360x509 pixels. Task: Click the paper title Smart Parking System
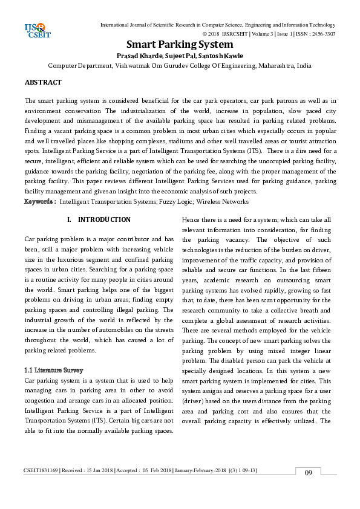click(x=180, y=45)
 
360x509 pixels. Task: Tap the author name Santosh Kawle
click(x=222, y=56)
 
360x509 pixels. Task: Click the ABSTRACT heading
click(x=43, y=82)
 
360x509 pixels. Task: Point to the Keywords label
click(x=41, y=201)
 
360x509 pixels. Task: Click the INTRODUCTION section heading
click(x=104, y=219)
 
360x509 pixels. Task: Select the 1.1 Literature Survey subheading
click(x=53, y=369)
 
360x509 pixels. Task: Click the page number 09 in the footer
click(x=309, y=489)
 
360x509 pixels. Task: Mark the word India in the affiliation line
click(x=304, y=65)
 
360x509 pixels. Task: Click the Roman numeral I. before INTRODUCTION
click(x=70, y=219)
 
